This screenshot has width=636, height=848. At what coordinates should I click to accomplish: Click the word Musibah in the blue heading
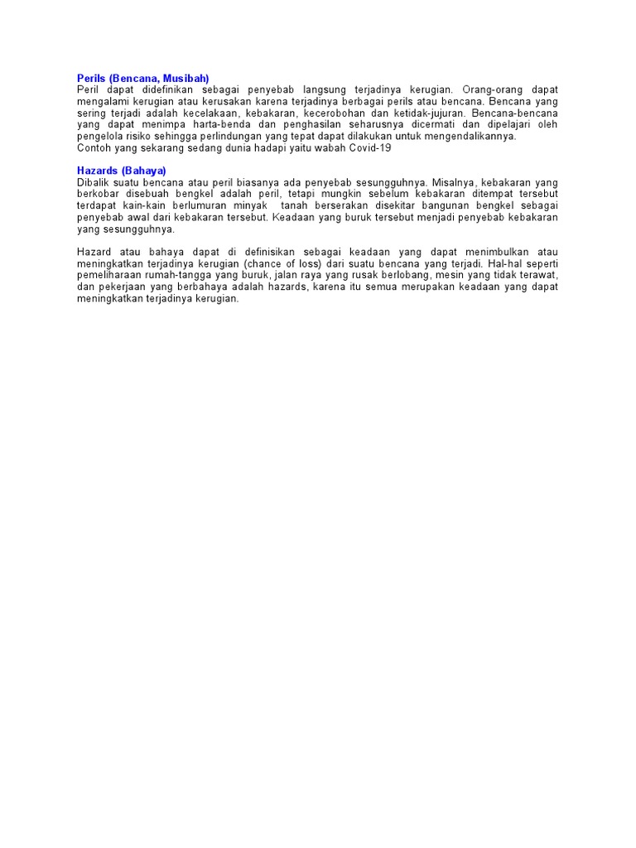click(187, 78)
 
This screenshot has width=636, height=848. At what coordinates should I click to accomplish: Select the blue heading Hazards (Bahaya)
click(122, 171)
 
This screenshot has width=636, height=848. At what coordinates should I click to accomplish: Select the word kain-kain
click(144, 205)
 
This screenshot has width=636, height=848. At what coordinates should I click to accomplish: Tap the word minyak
click(250, 205)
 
